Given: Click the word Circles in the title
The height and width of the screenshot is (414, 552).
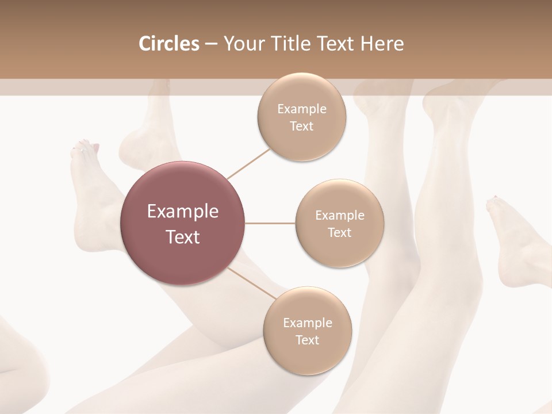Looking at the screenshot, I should coord(169,44).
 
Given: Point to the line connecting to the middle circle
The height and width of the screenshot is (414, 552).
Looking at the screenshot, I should coord(270,223).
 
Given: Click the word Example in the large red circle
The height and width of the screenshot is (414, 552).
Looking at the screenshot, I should coord(182,211).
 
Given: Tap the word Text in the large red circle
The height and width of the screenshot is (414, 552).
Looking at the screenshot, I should coord(182,237).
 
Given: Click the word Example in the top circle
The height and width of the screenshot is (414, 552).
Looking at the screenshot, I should coord(301,109).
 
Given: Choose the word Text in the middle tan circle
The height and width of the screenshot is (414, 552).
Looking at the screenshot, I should coord(339,232).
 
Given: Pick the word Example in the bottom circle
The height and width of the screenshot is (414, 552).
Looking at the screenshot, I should coord(307,323).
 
